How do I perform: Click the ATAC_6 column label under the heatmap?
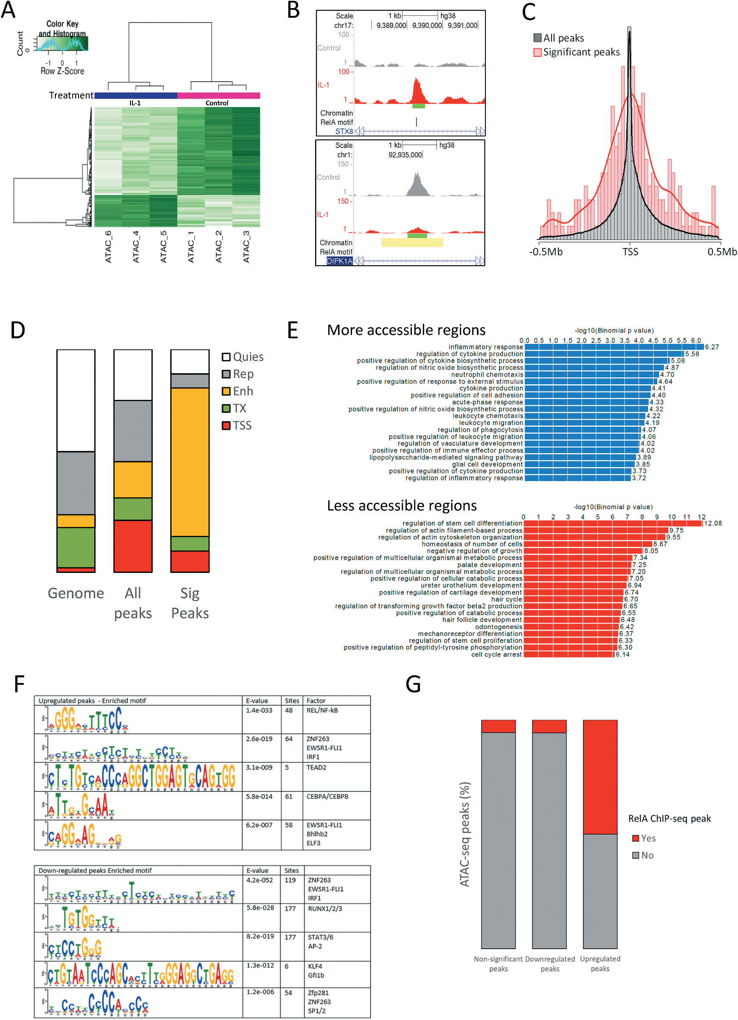pos(108,246)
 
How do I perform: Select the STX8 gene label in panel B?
pos(344,131)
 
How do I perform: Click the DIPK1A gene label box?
pos(339,261)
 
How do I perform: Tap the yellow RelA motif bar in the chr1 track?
pos(412,243)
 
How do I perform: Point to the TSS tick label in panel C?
pos(630,252)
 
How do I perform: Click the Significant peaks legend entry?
pos(581,52)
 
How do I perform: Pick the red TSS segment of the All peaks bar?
pos(132,546)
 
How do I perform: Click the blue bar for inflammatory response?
pos(614,347)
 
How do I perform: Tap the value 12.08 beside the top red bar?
pos(713,523)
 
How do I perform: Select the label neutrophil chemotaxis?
pos(487,374)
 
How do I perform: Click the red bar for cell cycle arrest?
pos(569,654)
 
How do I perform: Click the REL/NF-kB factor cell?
pos(322,711)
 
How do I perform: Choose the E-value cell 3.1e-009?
pos(259,767)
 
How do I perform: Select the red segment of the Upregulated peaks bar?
pos(600,777)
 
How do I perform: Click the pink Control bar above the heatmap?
pos(218,95)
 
